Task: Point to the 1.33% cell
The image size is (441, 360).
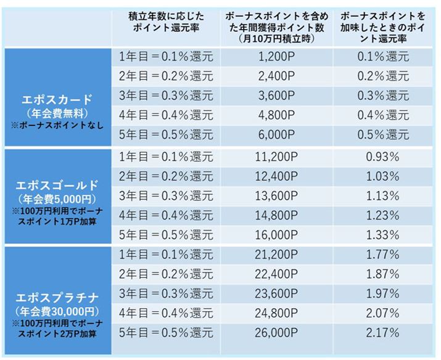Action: [x=382, y=235]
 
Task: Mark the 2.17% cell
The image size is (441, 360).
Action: [x=382, y=333]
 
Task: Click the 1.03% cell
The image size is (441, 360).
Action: [x=382, y=178]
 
